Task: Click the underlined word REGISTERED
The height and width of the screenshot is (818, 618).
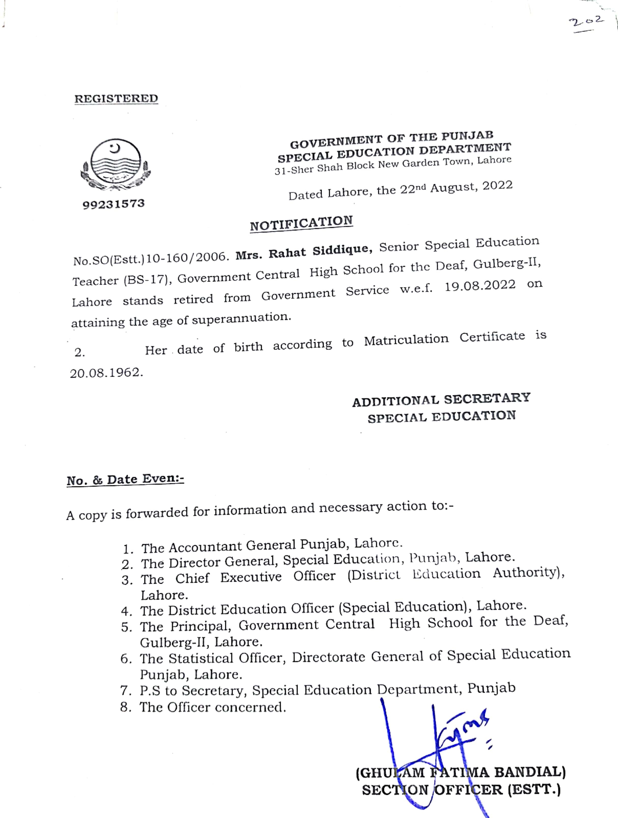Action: [116, 99]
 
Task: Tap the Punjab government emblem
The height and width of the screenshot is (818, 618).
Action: [116, 165]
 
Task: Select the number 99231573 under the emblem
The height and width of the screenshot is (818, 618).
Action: [114, 204]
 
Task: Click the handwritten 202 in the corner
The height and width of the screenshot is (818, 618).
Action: [586, 22]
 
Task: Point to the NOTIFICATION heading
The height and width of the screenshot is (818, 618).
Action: [301, 223]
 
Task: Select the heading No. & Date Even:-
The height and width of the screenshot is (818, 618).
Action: [125, 479]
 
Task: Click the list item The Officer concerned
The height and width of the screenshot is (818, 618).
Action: [213, 707]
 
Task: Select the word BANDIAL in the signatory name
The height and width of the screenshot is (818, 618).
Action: [529, 772]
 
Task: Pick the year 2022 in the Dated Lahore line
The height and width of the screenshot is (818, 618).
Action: [497, 186]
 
